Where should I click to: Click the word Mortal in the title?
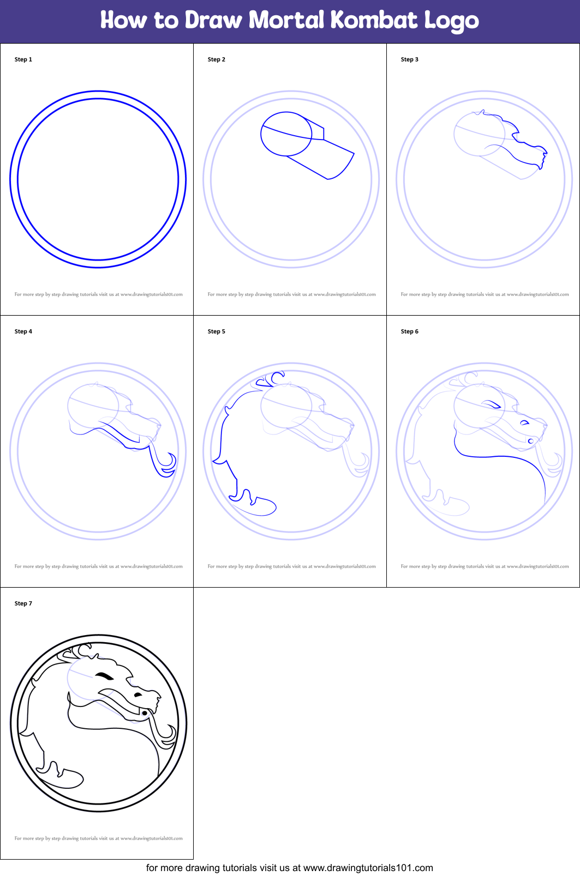(286, 20)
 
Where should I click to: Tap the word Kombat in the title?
(374, 20)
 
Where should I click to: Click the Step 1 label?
(23, 59)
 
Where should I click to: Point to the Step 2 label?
(217, 59)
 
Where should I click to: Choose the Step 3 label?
(409, 59)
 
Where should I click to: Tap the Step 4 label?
(23, 331)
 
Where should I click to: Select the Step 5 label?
(217, 331)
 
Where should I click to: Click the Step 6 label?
(409, 331)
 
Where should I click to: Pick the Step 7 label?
(23, 603)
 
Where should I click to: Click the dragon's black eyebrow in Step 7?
(104, 675)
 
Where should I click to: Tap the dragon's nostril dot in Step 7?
(145, 714)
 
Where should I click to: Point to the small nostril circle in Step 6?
(531, 441)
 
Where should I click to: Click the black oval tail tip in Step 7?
(73, 778)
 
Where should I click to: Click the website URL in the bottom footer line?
(368, 868)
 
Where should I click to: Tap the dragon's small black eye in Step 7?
(138, 695)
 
